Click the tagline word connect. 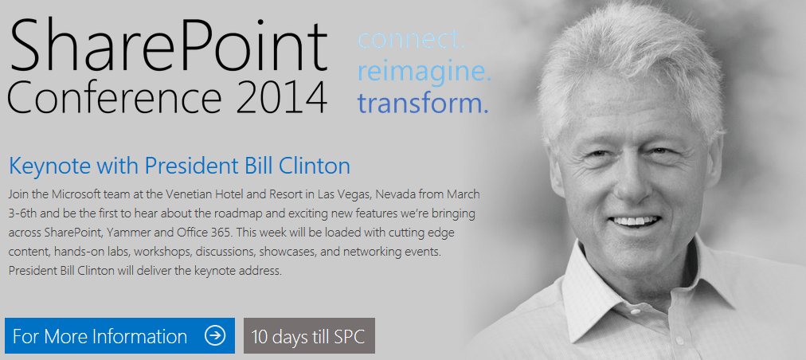411,40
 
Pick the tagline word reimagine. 425,72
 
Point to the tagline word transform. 423,103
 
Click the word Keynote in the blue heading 49,166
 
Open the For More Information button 119,336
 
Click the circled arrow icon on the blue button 215,336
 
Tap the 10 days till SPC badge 309,336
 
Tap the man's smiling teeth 634,221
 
